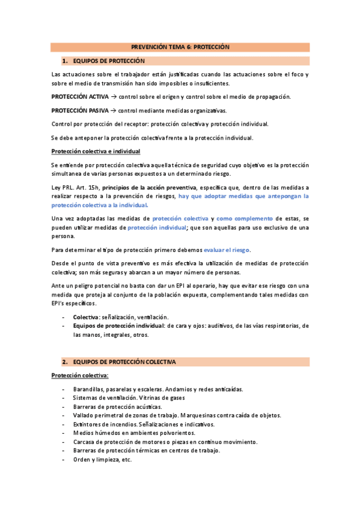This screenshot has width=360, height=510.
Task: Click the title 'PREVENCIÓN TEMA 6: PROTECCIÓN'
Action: click(180, 46)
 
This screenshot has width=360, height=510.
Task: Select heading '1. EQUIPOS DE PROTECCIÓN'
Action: click(109, 61)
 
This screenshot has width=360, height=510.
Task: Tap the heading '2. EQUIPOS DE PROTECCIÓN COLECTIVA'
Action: click(124, 363)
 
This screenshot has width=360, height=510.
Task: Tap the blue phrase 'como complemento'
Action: click(245, 218)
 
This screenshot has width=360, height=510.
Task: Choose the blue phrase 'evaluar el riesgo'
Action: click(227, 250)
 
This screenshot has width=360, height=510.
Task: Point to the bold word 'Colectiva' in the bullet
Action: click(86, 317)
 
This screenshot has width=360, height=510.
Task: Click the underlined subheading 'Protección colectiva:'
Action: click(80, 376)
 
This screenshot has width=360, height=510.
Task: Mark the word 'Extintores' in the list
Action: click(87, 424)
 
